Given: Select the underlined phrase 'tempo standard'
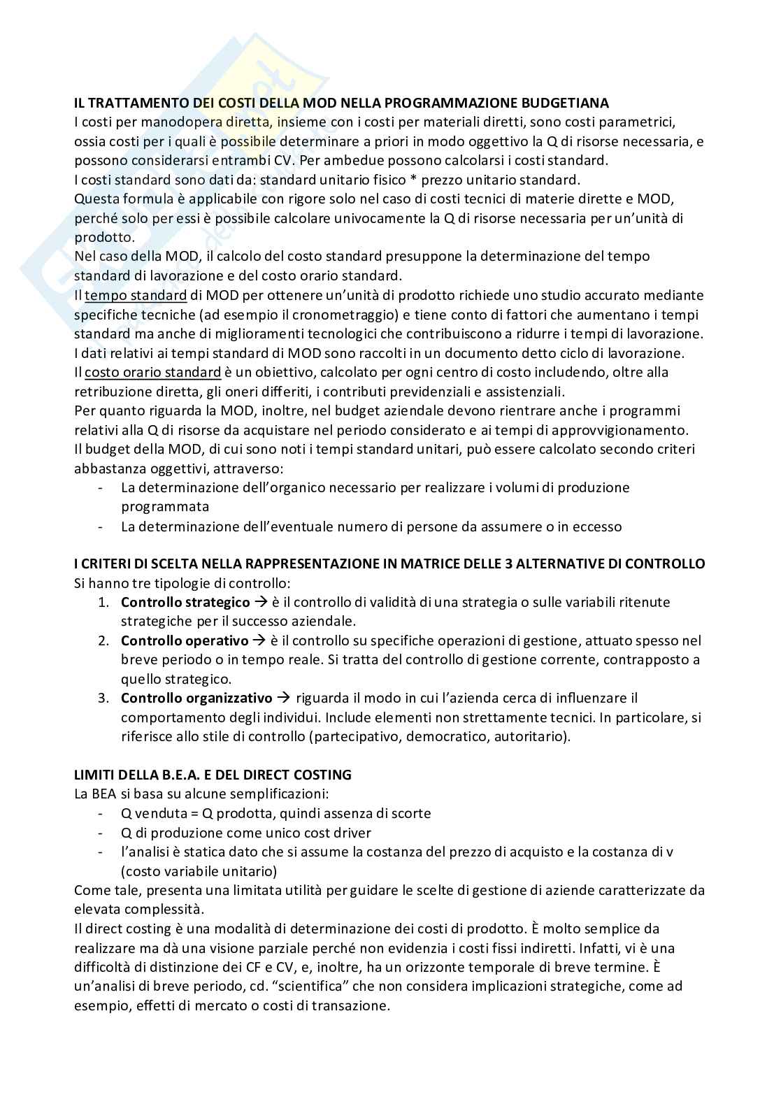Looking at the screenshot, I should pos(136,295).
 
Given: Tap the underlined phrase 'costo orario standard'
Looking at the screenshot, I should pos(152,372).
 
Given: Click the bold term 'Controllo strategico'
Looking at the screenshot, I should pos(185,602).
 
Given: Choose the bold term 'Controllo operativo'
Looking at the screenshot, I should pos(185,640).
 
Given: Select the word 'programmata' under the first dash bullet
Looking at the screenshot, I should pos(165,507).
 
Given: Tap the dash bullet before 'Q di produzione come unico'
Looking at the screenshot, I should pos(102,833).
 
